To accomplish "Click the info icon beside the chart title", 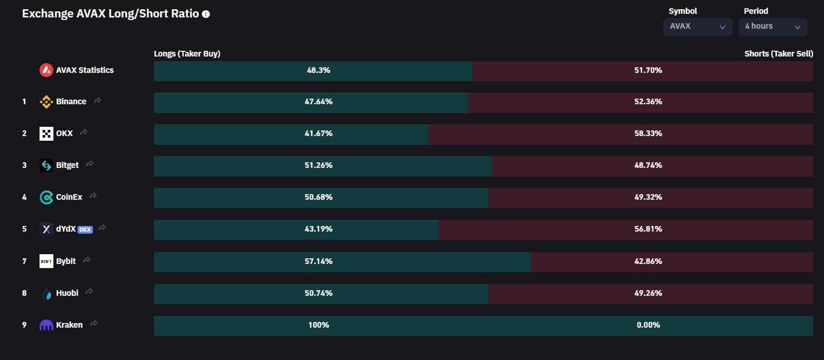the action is (x=206, y=14).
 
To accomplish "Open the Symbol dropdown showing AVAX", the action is (x=698, y=27).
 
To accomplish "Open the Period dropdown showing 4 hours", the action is (x=773, y=27).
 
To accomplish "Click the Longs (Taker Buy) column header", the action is (x=187, y=54).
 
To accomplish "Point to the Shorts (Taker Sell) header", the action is (x=779, y=54).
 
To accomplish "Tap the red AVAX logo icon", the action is (x=46, y=70).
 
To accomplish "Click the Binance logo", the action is (x=46, y=102).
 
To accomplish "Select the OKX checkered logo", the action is (x=46, y=134).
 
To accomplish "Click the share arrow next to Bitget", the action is (x=90, y=164).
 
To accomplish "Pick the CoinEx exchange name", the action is (x=69, y=197).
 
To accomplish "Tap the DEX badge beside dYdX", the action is (x=85, y=230).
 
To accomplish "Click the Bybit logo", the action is (x=46, y=261).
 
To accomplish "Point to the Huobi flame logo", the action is (x=46, y=293).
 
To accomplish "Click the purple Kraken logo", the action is (x=46, y=325).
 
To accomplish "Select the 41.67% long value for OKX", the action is (x=319, y=133).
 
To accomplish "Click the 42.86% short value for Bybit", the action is (x=648, y=261).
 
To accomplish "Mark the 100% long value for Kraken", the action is (x=319, y=325).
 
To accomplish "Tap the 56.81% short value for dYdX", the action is (x=648, y=229).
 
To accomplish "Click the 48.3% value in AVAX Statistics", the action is (x=319, y=70).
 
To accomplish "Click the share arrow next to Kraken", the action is (x=94, y=324).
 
